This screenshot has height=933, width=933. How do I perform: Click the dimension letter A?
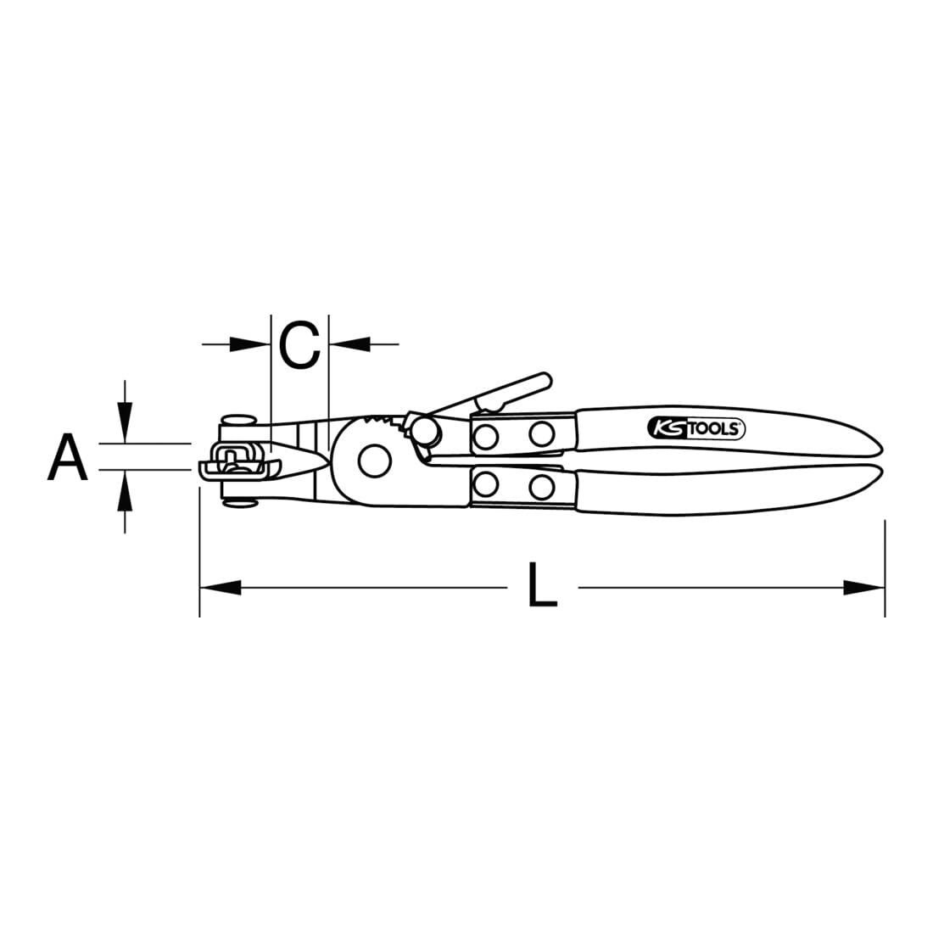click(68, 457)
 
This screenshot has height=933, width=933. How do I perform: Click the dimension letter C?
click(300, 344)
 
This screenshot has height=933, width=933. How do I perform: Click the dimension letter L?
click(542, 585)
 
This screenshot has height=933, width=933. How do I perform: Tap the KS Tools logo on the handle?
click(696, 427)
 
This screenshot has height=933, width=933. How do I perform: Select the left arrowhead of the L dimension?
click(221, 588)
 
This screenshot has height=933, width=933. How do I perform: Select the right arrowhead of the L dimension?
click(864, 588)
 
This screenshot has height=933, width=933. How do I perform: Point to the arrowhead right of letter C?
click(349, 344)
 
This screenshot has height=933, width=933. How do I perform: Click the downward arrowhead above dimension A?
click(125, 422)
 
